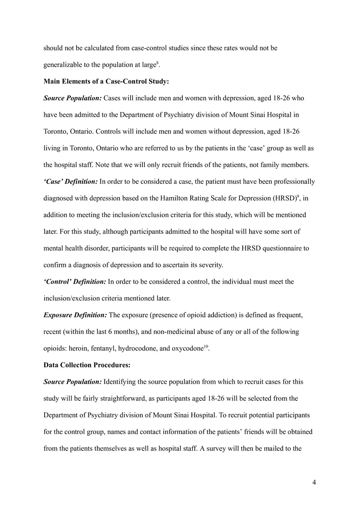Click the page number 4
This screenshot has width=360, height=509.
[314, 482]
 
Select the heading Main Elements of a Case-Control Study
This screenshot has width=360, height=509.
[106, 81]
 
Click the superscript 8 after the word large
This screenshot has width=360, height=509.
[157, 63]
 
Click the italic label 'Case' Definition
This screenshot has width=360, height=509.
[70, 181]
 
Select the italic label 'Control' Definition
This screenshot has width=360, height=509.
[75, 282]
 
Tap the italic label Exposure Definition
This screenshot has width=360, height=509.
[75, 315]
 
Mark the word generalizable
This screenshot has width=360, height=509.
[63, 65]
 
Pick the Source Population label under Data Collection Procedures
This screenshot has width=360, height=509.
[72, 382]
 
